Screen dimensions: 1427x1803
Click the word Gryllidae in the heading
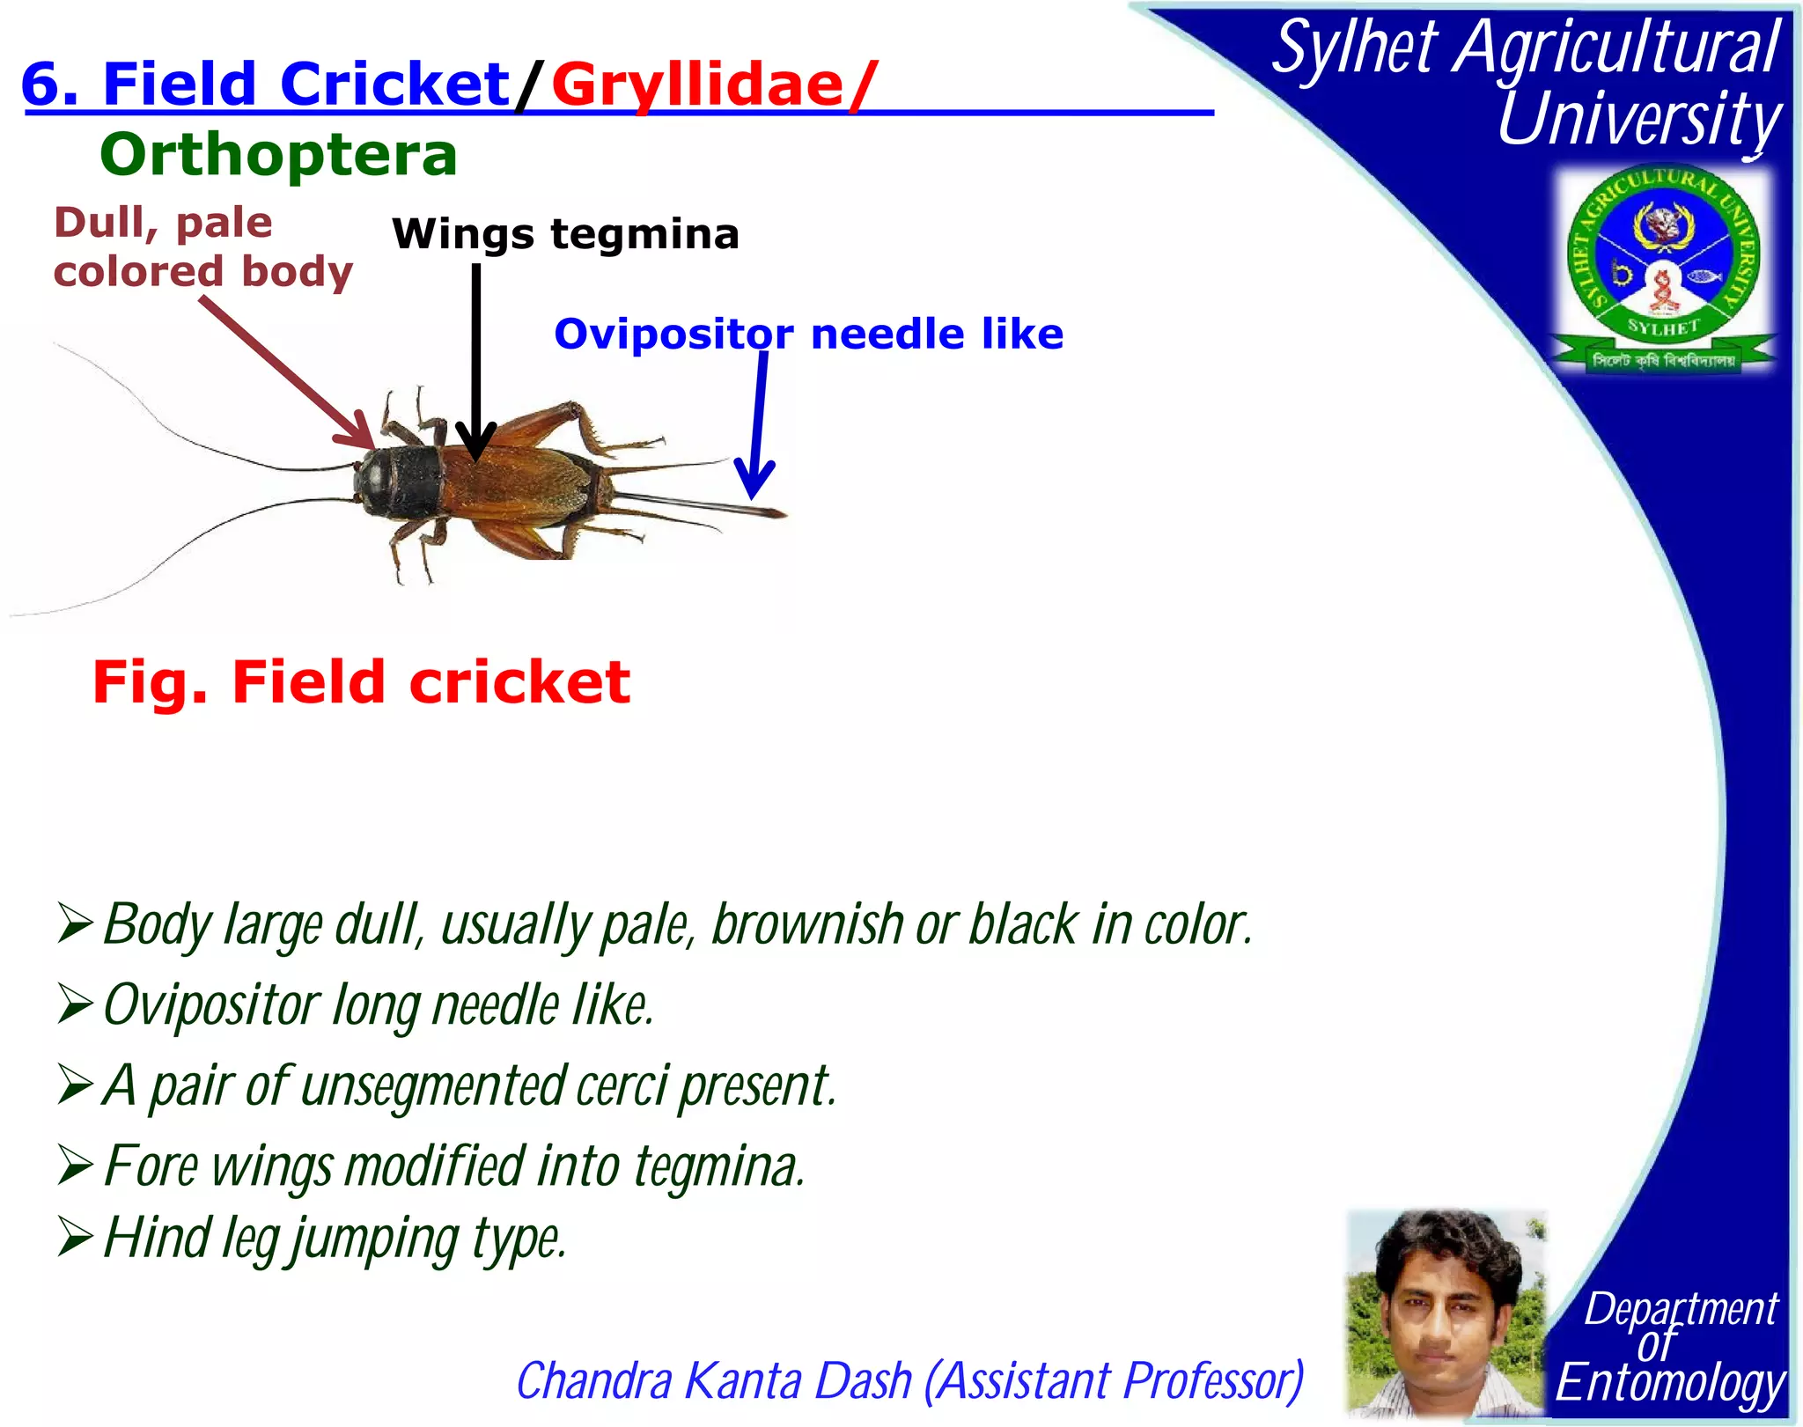(697, 86)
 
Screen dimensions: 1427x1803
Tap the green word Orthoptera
(278, 155)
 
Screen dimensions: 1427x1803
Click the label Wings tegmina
(565, 234)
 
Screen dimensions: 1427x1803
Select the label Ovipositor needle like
(808, 335)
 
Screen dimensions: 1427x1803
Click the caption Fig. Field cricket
(361, 682)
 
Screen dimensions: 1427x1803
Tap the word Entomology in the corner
(1670, 1382)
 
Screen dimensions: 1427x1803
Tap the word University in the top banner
(1639, 119)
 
